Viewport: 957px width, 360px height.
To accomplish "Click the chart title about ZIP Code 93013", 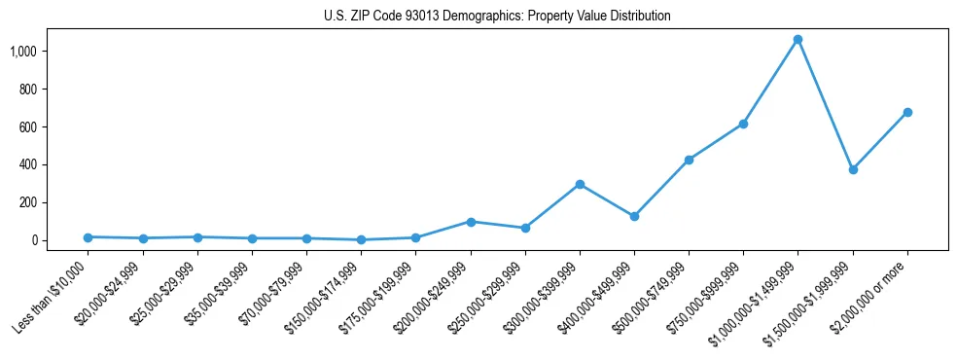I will click(x=497, y=17).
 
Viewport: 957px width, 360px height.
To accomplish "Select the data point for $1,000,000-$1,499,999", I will click(x=797, y=40).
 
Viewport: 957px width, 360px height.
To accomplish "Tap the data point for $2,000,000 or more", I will click(x=907, y=113).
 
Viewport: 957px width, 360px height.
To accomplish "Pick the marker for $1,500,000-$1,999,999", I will click(x=853, y=169).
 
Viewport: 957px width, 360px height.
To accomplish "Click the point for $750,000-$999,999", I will click(x=743, y=125).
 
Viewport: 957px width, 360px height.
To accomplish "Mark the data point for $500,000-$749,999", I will click(x=689, y=160).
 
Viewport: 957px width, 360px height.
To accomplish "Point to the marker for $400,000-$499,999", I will click(x=634, y=216).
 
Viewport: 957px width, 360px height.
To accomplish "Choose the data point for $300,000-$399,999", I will click(x=580, y=184).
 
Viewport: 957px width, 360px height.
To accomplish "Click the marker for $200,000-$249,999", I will click(x=471, y=222).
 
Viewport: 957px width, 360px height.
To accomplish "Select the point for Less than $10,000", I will click(x=89, y=237).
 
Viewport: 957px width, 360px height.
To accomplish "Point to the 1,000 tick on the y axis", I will click(x=23, y=51).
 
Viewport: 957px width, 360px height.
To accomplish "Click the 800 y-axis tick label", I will click(x=28, y=89).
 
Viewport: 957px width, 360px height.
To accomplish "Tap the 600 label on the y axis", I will click(x=28, y=126).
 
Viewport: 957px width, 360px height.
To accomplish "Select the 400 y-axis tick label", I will click(x=28, y=164).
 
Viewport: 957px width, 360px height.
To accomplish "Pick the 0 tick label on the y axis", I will click(x=34, y=240).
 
